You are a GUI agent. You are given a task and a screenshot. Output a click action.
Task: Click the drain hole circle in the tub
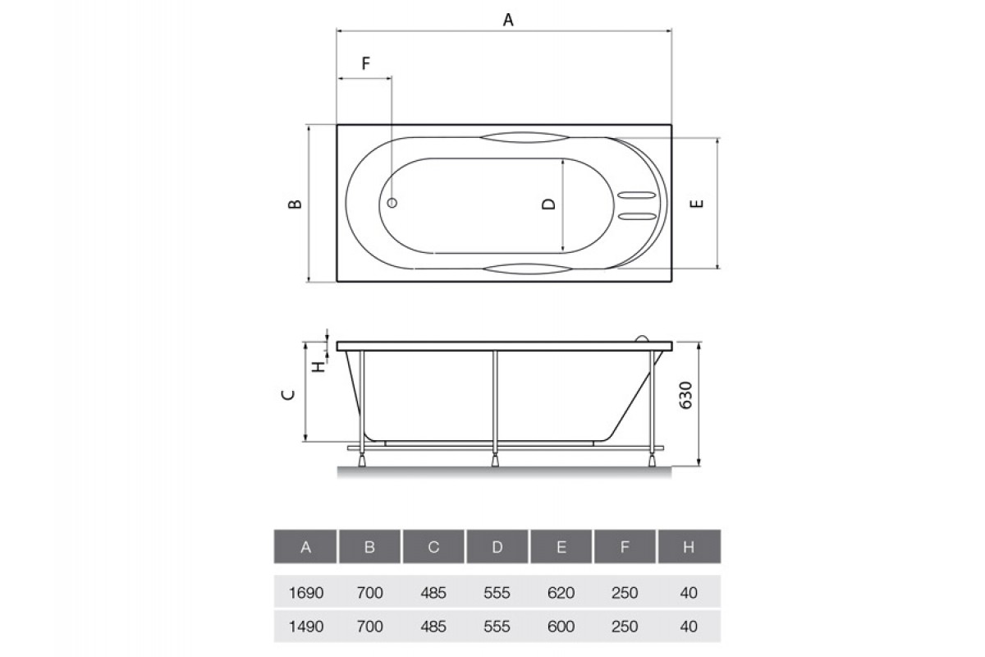[x=392, y=203]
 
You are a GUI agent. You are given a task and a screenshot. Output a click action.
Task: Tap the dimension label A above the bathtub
[x=508, y=20]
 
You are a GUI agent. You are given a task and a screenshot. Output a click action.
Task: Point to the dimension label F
[x=366, y=63]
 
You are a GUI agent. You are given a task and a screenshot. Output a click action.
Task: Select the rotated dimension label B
[x=295, y=204]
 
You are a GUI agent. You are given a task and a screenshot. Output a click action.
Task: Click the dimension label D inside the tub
[x=549, y=204]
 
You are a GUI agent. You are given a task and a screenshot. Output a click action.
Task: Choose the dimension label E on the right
[x=697, y=204]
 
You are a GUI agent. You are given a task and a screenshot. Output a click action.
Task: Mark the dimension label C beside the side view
[x=288, y=395]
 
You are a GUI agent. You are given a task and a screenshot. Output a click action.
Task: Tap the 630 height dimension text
[x=686, y=395]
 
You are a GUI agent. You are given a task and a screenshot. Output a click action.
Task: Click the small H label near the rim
[x=318, y=366]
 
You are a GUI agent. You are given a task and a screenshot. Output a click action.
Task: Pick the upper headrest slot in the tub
[x=637, y=195]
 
